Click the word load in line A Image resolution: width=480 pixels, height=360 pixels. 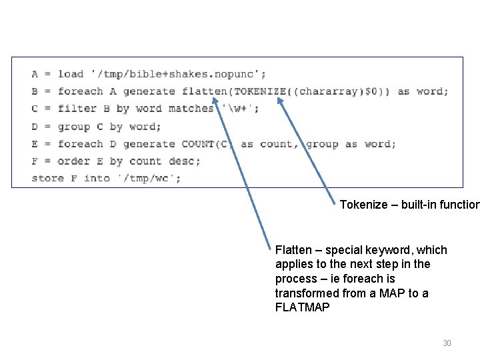71,74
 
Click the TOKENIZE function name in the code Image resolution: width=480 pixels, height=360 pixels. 249,91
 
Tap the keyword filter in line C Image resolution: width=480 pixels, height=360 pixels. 77,109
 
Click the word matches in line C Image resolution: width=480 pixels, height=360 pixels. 191,109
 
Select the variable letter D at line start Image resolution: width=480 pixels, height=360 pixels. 35,126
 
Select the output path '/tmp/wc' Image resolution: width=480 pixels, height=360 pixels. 149,178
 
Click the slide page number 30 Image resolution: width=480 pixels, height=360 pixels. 447,343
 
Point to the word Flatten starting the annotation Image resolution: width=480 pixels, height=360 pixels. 293,250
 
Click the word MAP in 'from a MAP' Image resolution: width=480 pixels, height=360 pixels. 405,294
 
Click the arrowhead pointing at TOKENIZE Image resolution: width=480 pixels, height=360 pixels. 279,101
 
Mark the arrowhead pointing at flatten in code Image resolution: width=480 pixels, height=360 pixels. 215,104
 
